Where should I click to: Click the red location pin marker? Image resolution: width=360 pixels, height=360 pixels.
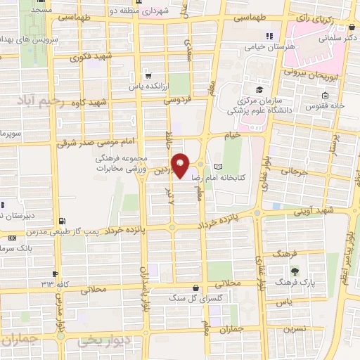181,166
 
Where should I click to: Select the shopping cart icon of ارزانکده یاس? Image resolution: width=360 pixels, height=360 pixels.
147,75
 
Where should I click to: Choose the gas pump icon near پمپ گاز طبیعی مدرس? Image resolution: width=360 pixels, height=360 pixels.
65,219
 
